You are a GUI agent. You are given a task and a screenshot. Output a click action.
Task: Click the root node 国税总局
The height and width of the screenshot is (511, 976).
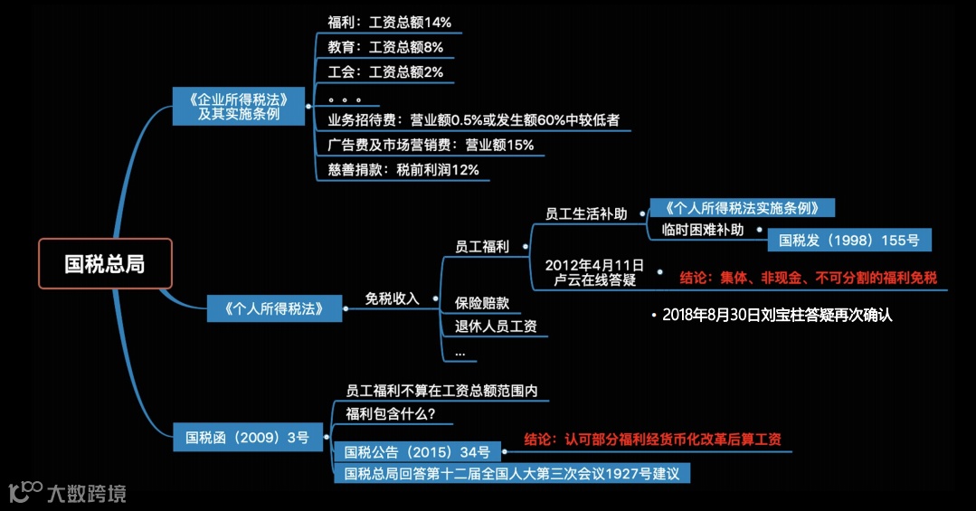click(104, 263)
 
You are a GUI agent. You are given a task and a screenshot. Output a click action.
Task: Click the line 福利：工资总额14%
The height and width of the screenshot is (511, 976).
click(389, 22)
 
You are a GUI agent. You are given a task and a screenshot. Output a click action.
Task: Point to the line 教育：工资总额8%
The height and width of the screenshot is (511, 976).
click(385, 47)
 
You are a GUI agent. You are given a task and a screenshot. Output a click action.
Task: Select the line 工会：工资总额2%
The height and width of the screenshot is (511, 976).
click(385, 71)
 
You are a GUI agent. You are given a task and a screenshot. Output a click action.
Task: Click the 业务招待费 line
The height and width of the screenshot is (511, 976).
click(473, 119)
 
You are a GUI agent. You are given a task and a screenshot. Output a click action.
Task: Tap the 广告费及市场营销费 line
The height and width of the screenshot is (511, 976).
click(431, 145)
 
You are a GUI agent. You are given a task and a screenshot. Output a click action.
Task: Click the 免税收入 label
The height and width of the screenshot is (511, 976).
click(392, 298)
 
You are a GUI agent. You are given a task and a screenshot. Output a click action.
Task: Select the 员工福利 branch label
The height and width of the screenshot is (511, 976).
click(482, 246)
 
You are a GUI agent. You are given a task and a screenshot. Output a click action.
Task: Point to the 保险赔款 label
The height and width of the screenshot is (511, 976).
click(482, 302)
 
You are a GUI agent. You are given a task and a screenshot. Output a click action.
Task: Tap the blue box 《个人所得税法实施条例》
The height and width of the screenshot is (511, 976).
click(742, 207)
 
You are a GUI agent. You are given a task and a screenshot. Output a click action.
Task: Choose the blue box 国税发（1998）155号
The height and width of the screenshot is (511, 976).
click(848, 240)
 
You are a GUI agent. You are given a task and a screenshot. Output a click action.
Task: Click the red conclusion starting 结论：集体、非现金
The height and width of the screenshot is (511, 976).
click(808, 278)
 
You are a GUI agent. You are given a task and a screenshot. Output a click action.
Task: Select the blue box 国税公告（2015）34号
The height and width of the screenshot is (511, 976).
click(417, 451)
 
